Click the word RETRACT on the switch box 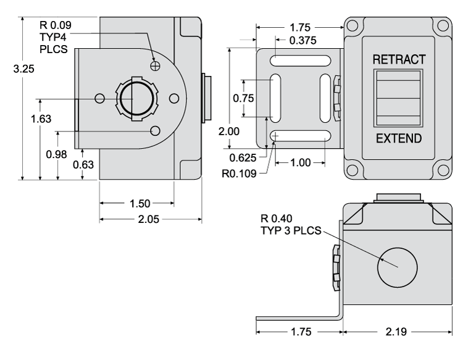(399, 60)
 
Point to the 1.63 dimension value (41, 119)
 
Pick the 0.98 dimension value (57, 154)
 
